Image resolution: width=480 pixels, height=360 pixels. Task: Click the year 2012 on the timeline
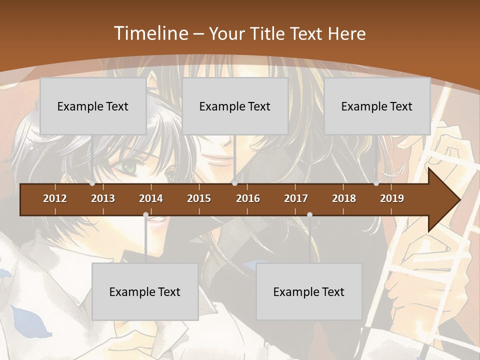click(55, 198)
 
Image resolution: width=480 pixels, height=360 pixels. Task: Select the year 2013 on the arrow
click(103, 198)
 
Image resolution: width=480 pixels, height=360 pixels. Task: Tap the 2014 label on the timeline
click(151, 198)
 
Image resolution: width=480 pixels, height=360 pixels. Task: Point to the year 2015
click(199, 198)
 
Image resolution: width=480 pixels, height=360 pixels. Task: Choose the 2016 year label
click(248, 198)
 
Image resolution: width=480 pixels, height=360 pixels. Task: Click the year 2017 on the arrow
click(296, 198)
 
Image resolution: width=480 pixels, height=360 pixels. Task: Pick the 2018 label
click(344, 198)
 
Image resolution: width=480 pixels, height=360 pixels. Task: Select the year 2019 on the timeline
click(392, 198)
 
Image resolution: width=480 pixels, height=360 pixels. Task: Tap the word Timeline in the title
click(150, 33)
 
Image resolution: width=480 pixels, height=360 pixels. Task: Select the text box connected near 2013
click(93, 106)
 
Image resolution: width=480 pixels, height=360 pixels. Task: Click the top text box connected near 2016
click(235, 106)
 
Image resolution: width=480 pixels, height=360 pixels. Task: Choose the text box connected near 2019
click(377, 106)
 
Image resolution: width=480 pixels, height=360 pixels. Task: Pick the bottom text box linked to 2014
click(145, 291)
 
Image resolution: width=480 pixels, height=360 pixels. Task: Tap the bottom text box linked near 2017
click(309, 291)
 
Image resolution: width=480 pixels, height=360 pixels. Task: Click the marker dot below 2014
click(145, 215)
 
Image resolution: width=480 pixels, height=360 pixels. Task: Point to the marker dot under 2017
click(309, 215)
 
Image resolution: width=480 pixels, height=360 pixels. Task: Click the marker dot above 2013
click(92, 183)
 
